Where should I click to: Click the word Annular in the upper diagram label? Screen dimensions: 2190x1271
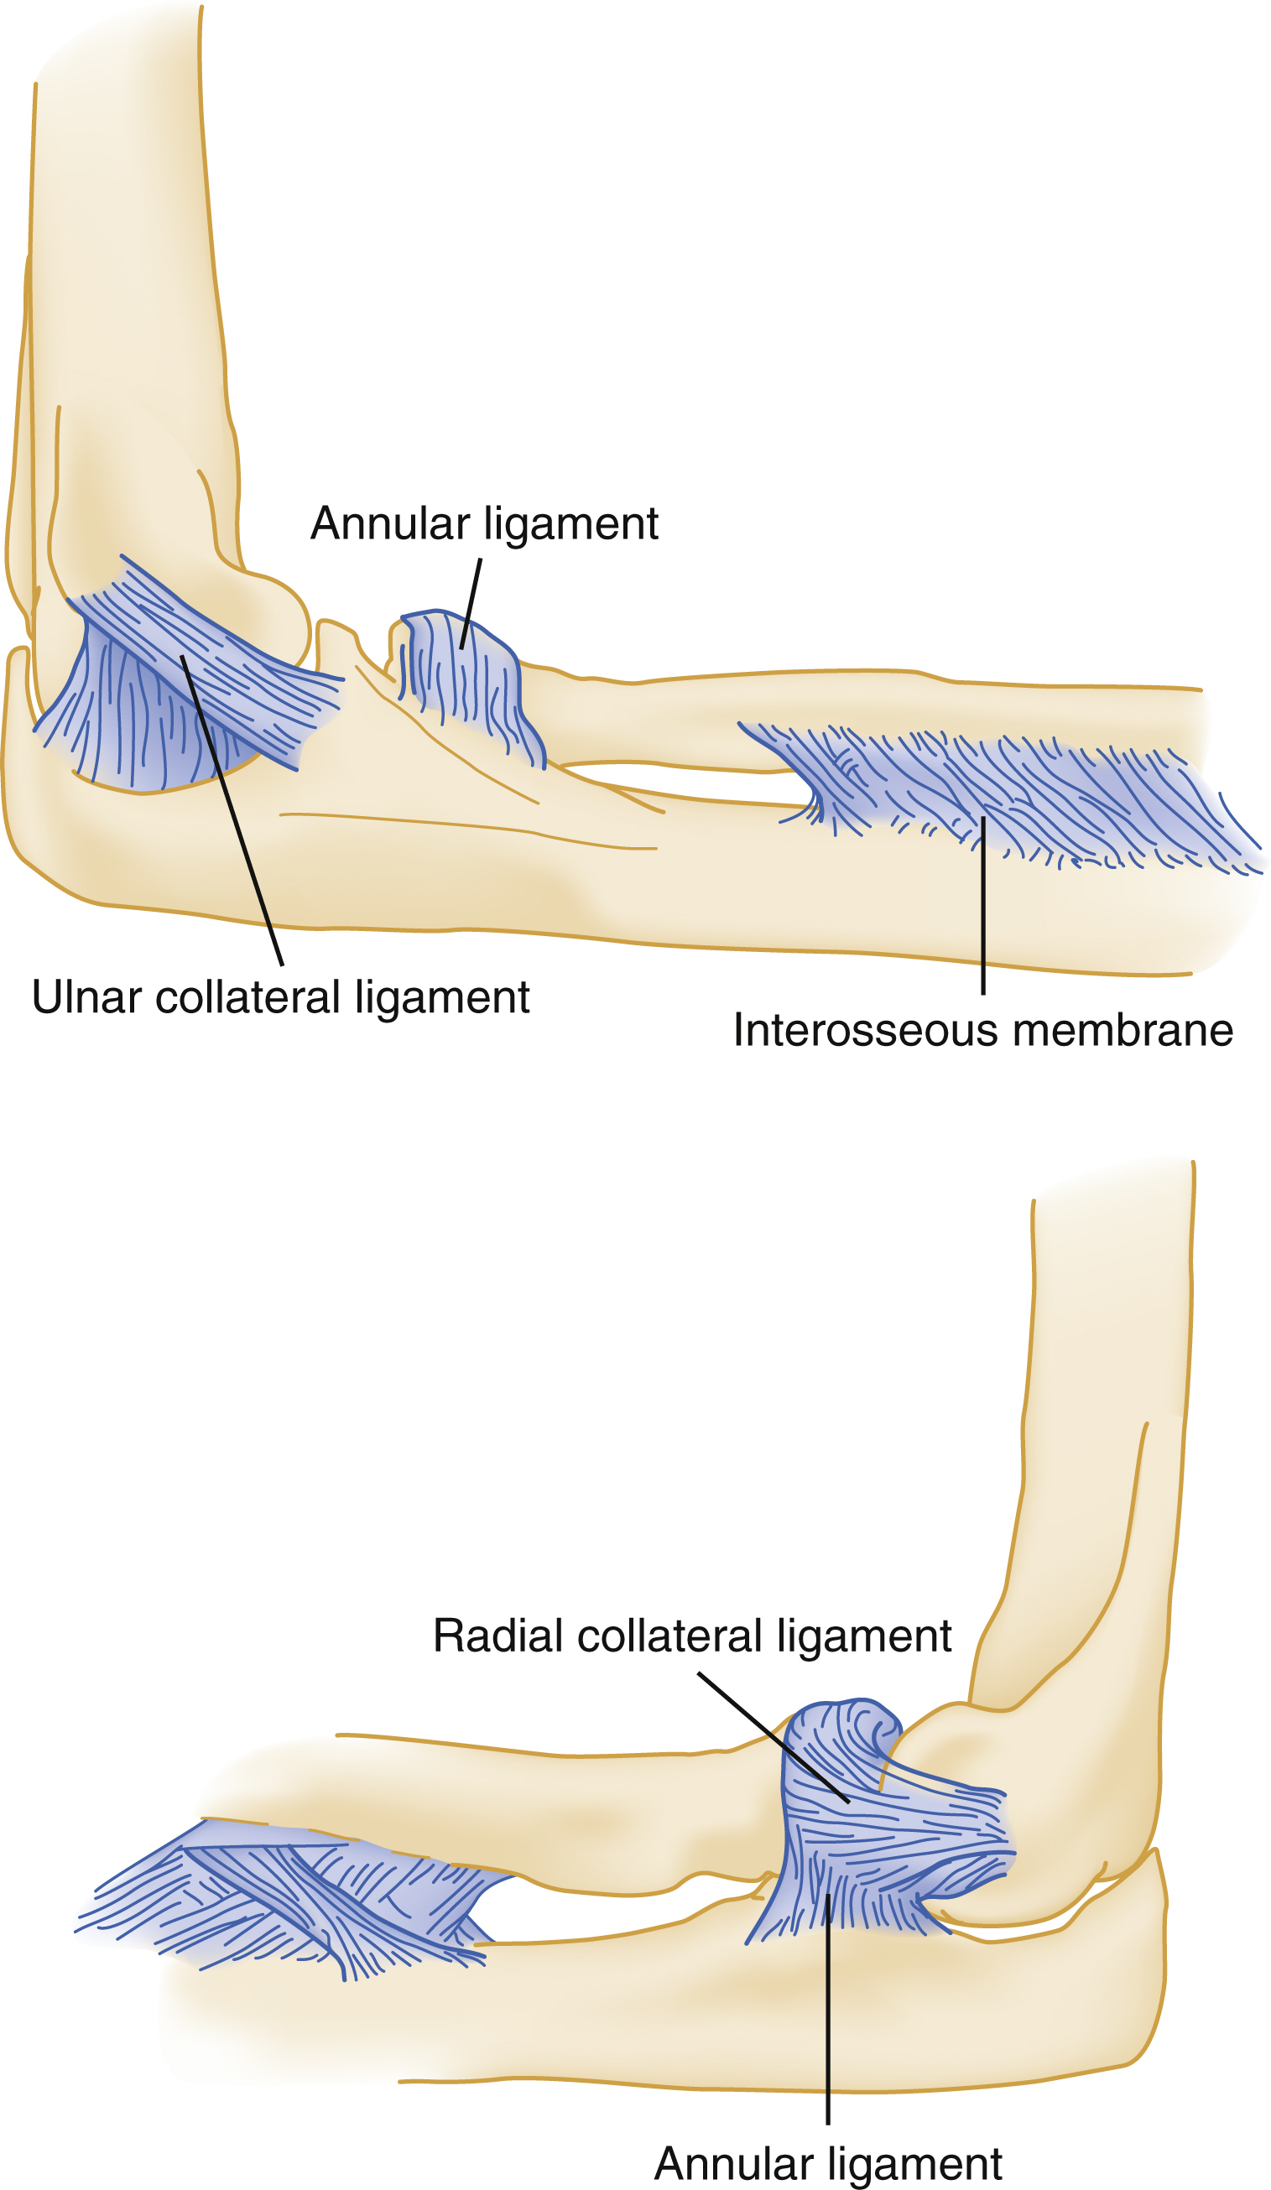click(389, 523)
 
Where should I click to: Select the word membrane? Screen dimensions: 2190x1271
click(1123, 1030)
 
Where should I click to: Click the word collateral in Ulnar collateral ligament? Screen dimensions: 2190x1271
click(247, 996)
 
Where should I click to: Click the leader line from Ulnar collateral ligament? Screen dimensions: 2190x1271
click(233, 813)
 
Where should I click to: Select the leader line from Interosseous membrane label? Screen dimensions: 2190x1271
click(983, 904)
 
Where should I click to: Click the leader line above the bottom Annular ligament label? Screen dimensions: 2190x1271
click(828, 2016)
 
